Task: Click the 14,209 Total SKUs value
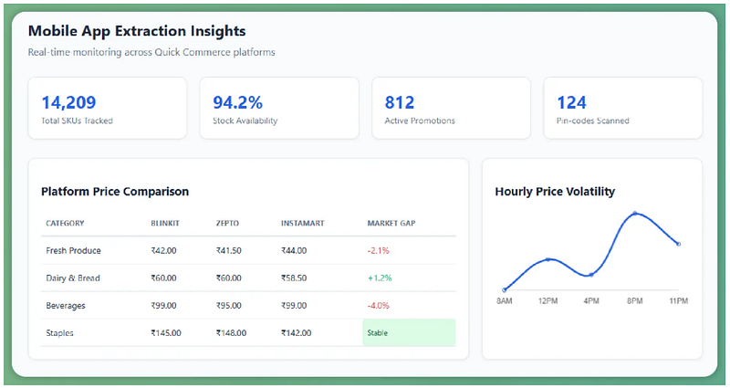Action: point(69,102)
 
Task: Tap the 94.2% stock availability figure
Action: point(238,102)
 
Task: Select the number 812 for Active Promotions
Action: point(400,102)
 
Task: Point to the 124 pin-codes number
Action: point(572,102)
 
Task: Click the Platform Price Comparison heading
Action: point(115,192)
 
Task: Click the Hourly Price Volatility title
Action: point(555,192)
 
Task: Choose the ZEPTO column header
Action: point(227,223)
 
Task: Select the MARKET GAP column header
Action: point(391,223)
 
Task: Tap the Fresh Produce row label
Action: point(73,250)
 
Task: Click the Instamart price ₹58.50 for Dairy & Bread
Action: point(294,278)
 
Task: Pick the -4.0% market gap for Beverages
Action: point(378,306)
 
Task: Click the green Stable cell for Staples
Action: point(409,332)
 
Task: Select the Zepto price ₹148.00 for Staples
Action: point(231,333)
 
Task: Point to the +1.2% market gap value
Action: point(380,278)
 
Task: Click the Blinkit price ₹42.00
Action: point(163,250)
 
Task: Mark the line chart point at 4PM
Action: point(591,275)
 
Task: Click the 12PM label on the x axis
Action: point(548,301)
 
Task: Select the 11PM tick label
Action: point(678,301)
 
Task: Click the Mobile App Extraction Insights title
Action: point(137,31)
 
